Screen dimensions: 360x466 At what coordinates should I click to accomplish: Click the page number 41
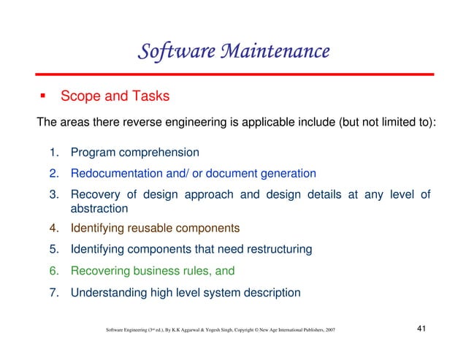(421, 331)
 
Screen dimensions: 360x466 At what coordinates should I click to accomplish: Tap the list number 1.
(55, 153)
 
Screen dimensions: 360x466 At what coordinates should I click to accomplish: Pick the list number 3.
(55, 194)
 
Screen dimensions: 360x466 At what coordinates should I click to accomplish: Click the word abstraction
(99, 208)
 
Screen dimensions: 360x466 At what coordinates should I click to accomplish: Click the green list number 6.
(55, 271)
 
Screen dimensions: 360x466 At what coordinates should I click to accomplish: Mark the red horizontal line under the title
(233, 74)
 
